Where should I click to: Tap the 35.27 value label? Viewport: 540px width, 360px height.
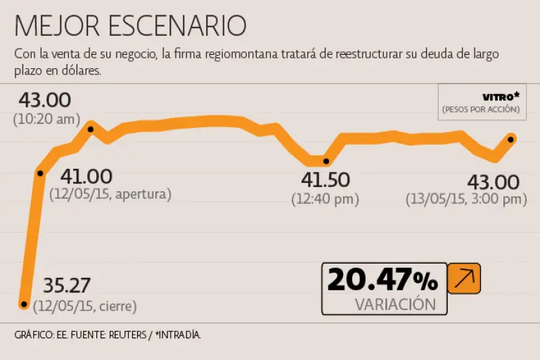67,285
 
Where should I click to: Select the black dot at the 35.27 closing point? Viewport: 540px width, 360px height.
25,304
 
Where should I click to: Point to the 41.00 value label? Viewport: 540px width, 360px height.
86,176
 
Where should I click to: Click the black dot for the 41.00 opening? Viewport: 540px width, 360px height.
40,173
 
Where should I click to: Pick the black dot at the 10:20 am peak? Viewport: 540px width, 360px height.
91,127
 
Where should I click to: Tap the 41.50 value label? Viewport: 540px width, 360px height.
325,180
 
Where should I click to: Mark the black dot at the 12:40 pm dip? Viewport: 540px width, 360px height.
326,162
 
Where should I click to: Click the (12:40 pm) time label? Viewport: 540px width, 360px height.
325,199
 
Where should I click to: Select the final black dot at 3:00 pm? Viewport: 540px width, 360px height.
511,139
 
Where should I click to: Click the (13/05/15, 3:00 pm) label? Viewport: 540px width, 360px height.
466,199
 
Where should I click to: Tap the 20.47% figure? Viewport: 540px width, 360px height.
382,281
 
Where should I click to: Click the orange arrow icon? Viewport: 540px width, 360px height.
464,278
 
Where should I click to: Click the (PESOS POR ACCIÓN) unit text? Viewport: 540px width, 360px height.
481,110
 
